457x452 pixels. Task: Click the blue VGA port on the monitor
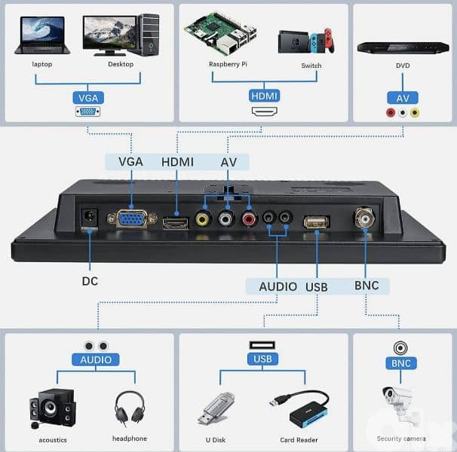(x=132, y=218)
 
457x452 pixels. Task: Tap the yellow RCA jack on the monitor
(x=203, y=218)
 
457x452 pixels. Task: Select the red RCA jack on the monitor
(x=249, y=219)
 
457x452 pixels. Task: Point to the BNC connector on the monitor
(x=364, y=217)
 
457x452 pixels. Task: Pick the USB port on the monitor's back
(x=317, y=222)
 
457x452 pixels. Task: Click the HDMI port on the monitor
(x=176, y=223)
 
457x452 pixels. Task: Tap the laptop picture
(x=42, y=35)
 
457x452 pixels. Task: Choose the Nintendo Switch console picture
(x=306, y=41)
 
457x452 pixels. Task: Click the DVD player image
(x=403, y=47)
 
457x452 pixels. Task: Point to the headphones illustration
(x=130, y=408)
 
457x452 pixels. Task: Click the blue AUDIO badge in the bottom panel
(x=96, y=360)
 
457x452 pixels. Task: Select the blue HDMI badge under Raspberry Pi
(x=264, y=96)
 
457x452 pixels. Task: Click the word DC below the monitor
(x=90, y=281)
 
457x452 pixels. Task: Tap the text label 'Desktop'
(x=121, y=64)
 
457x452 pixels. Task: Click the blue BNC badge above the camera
(x=401, y=363)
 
